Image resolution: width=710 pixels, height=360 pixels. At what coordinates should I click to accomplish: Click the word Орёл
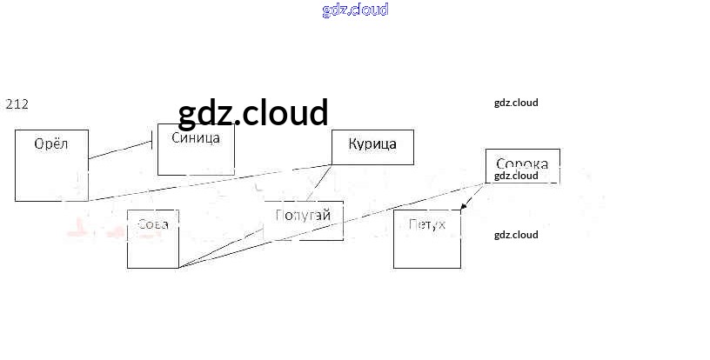point(50,143)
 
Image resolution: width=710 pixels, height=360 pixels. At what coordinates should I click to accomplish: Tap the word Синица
point(196,137)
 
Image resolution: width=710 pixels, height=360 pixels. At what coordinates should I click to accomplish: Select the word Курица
point(372,143)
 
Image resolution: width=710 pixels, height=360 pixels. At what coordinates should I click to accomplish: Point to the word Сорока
point(521,163)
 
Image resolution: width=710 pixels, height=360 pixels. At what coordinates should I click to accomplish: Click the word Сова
point(153,223)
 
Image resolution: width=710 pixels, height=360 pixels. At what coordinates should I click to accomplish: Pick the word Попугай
point(303,215)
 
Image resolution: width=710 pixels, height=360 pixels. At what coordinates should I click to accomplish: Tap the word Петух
point(426,224)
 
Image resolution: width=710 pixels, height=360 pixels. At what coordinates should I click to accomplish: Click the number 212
point(17,104)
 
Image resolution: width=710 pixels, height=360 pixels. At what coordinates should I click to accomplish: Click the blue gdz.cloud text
point(355,10)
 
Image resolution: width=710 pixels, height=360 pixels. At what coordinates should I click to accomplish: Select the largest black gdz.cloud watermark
point(253,113)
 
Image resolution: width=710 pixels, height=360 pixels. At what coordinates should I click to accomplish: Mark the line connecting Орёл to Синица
point(122,149)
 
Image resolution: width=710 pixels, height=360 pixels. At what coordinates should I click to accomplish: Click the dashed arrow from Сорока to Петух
point(473,197)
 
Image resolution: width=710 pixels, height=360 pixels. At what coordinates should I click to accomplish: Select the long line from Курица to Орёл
point(209,183)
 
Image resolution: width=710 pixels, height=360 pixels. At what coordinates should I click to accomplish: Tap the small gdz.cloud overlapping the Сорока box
point(516,176)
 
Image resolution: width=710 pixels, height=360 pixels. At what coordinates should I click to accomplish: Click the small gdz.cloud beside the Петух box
point(516,235)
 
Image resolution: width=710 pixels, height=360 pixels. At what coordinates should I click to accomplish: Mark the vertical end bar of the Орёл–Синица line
point(154,139)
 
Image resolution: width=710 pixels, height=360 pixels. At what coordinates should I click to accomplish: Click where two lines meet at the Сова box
point(178,268)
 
